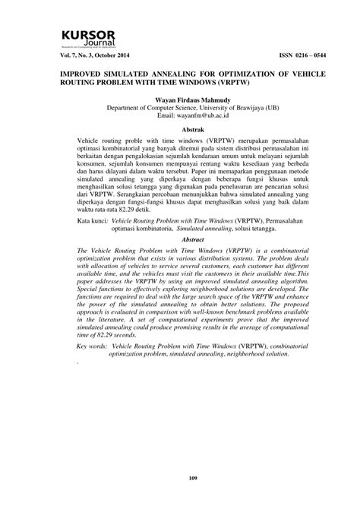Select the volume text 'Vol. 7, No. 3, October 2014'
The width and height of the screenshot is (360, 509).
[x=92, y=57]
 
